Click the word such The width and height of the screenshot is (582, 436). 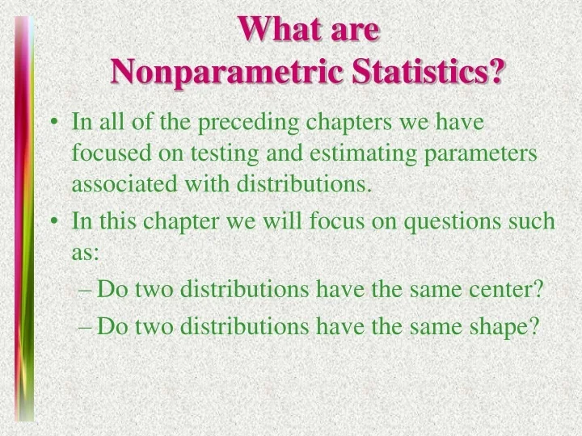[536, 220]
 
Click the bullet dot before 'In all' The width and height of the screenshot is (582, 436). [53, 124]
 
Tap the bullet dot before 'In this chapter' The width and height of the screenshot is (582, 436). [53, 221]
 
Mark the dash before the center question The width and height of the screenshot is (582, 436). [88, 289]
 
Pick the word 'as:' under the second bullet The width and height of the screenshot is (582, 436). [86, 252]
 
